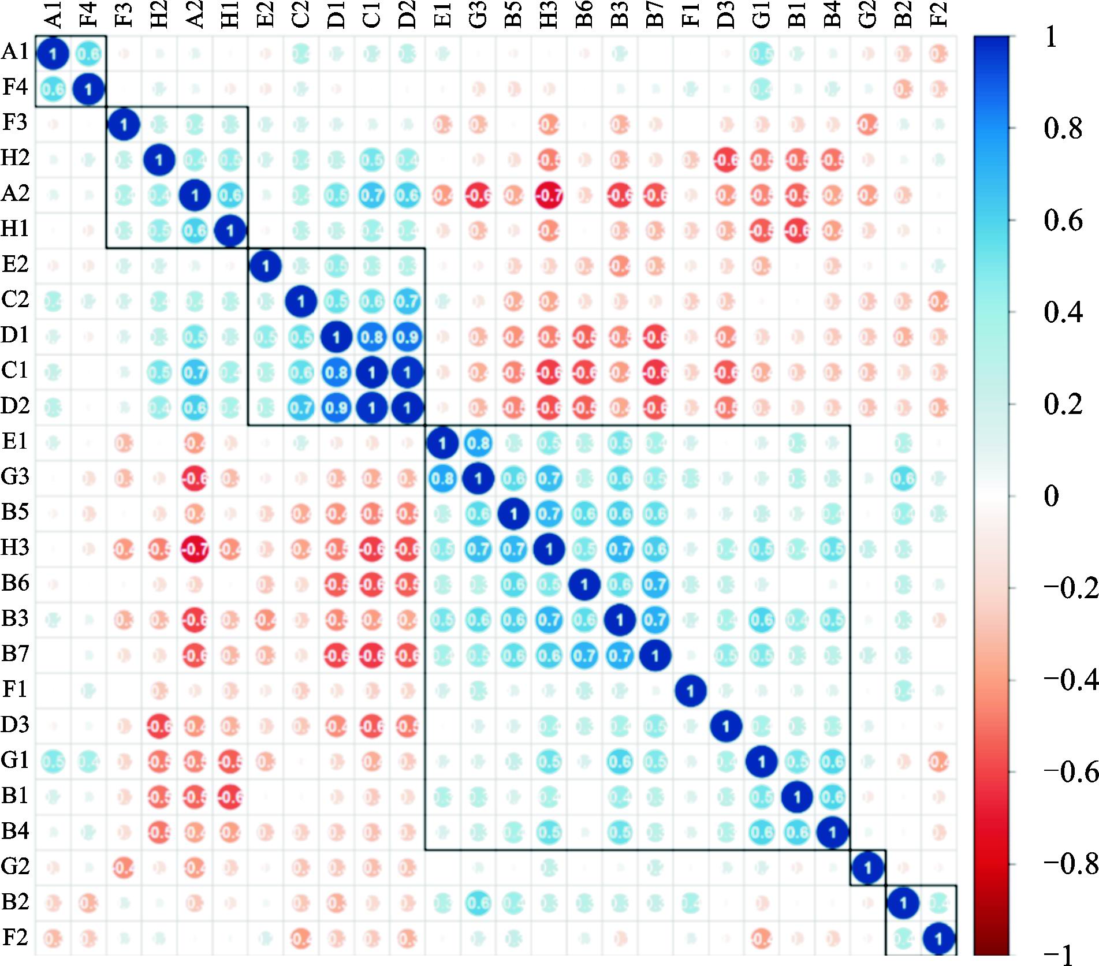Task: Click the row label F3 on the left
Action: coord(15,123)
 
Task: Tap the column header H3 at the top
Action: coord(549,15)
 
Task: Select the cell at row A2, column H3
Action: coord(549,196)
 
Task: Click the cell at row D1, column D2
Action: coord(407,337)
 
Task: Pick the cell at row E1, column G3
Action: coord(478,443)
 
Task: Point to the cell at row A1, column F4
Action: coord(88,54)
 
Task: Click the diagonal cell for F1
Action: coord(690,691)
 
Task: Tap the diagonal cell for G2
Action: coord(867,867)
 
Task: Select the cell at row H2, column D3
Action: coord(726,160)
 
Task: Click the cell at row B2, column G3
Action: coord(478,903)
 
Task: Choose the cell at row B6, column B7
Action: coord(655,584)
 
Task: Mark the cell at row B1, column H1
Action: coord(230,797)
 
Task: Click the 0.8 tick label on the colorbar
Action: coord(1063,128)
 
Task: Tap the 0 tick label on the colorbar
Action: coord(1052,496)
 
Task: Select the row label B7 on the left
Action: coord(15,654)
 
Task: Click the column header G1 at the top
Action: coord(761,15)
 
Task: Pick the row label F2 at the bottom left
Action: coord(15,937)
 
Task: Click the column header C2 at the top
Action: coord(301,15)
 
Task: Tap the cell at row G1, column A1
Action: coord(53,762)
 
